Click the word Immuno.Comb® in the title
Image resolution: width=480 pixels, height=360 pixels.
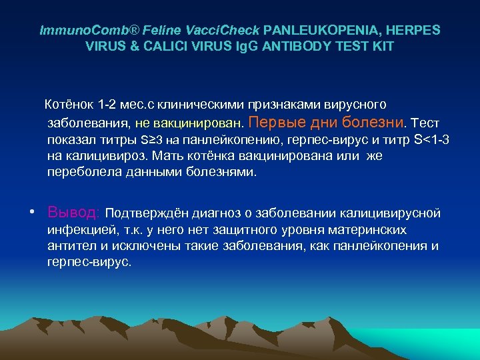click(77, 31)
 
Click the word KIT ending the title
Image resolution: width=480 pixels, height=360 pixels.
click(383, 47)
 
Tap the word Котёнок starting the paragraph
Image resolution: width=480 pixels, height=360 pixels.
click(69, 105)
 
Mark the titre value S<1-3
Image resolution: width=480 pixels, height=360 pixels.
click(432, 140)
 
